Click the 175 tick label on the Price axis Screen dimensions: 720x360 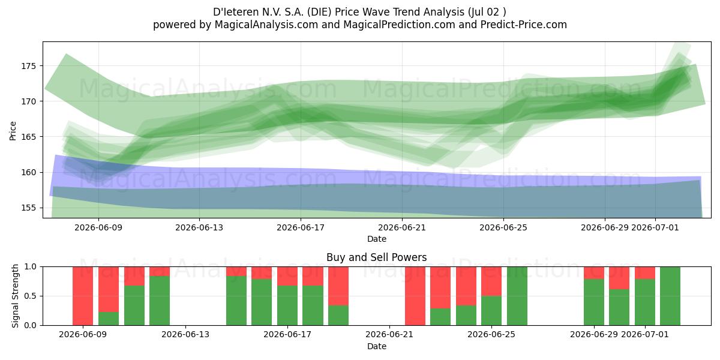[28, 66]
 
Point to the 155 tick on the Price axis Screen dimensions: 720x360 [28, 208]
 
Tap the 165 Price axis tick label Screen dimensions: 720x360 [28, 137]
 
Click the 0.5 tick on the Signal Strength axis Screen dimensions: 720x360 [31, 296]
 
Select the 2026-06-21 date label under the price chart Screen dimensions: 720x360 [402, 227]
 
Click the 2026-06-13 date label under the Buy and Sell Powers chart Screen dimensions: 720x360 [185, 334]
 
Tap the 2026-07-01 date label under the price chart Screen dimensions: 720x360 [655, 227]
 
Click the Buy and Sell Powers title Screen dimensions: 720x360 [376, 257]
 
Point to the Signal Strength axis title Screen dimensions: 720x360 [15, 296]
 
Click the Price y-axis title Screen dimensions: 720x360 [13, 131]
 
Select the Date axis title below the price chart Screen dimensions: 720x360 [377, 239]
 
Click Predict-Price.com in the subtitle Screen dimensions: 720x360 [524, 25]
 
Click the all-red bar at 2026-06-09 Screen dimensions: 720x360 [83, 296]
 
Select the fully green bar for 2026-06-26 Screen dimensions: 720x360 [517, 296]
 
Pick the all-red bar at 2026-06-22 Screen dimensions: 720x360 [415, 296]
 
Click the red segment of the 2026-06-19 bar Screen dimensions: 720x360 [338, 286]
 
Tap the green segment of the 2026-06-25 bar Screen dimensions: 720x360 [491, 311]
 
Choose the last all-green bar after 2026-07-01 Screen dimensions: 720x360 [670, 296]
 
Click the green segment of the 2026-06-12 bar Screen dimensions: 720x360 [160, 301]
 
